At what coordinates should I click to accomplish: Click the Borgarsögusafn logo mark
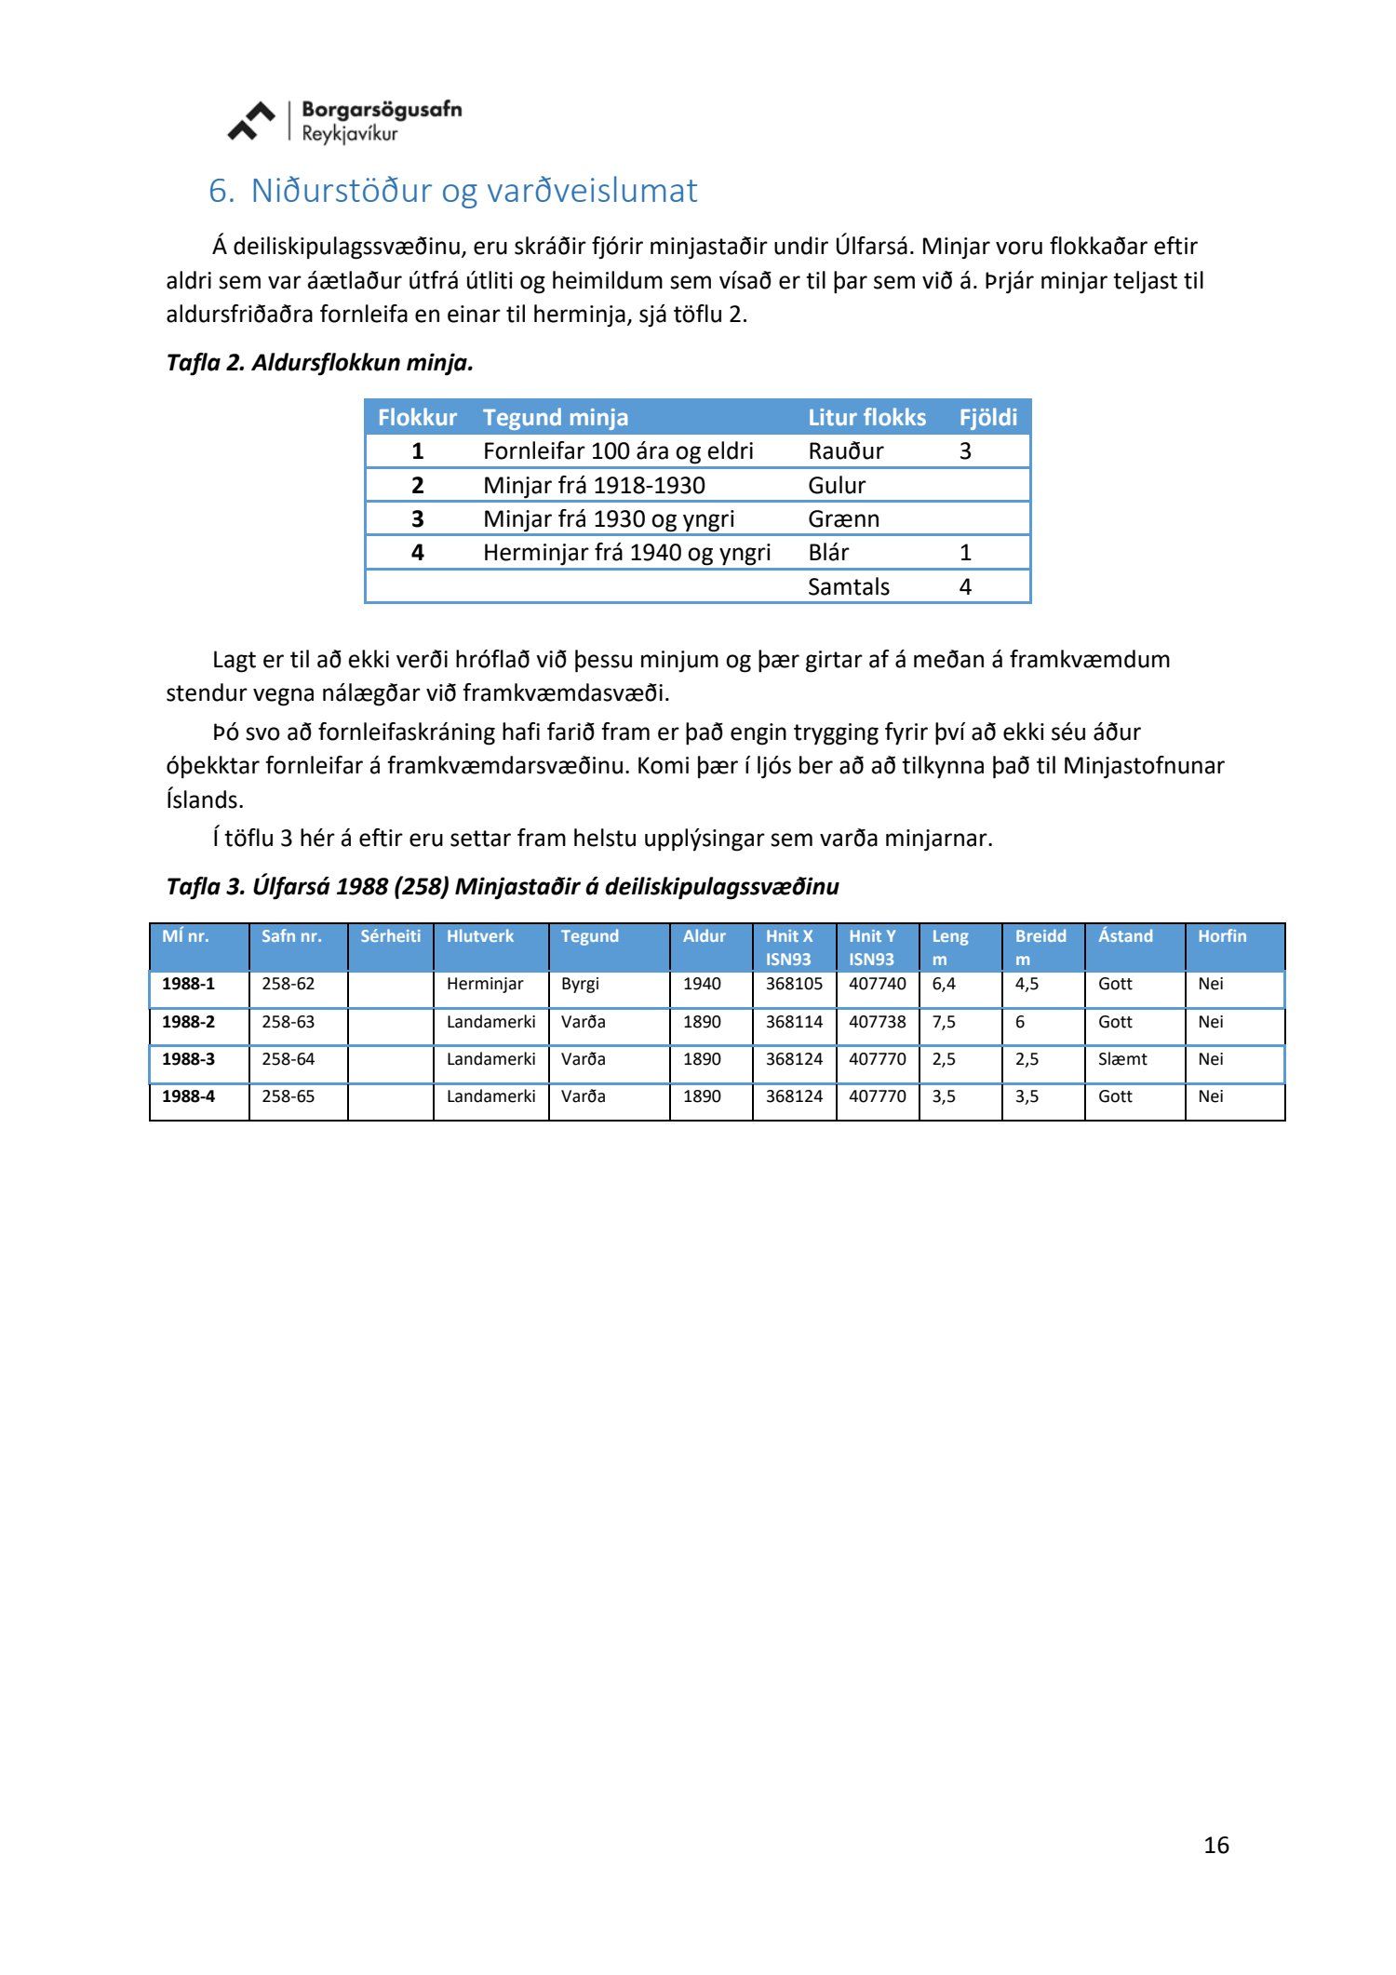[x=251, y=121]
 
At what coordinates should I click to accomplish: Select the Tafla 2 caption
[x=320, y=363]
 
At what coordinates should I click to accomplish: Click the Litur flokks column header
[x=866, y=418]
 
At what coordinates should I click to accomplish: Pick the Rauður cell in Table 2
[x=845, y=451]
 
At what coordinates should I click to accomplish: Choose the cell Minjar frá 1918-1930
[x=594, y=485]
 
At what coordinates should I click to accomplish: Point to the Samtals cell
[x=848, y=586]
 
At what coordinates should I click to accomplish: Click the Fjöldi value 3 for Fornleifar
[x=965, y=451]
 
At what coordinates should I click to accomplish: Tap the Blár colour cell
[x=828, y=553]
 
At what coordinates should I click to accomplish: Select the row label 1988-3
[x=188, y=1059]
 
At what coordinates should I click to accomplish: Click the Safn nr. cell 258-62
[x=288, y=984]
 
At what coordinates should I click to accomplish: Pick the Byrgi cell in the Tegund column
[x=580, y=984]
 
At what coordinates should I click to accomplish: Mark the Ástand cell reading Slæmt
[x=1122, y=1059]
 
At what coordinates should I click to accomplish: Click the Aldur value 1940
[x=702, y=984]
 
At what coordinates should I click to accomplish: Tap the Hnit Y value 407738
[x=877, y=1022]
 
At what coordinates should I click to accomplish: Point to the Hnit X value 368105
[x=794, y=984]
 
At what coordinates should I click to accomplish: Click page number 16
[x=1215, y=1845]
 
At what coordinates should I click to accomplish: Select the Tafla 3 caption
[x=503, y=887]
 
